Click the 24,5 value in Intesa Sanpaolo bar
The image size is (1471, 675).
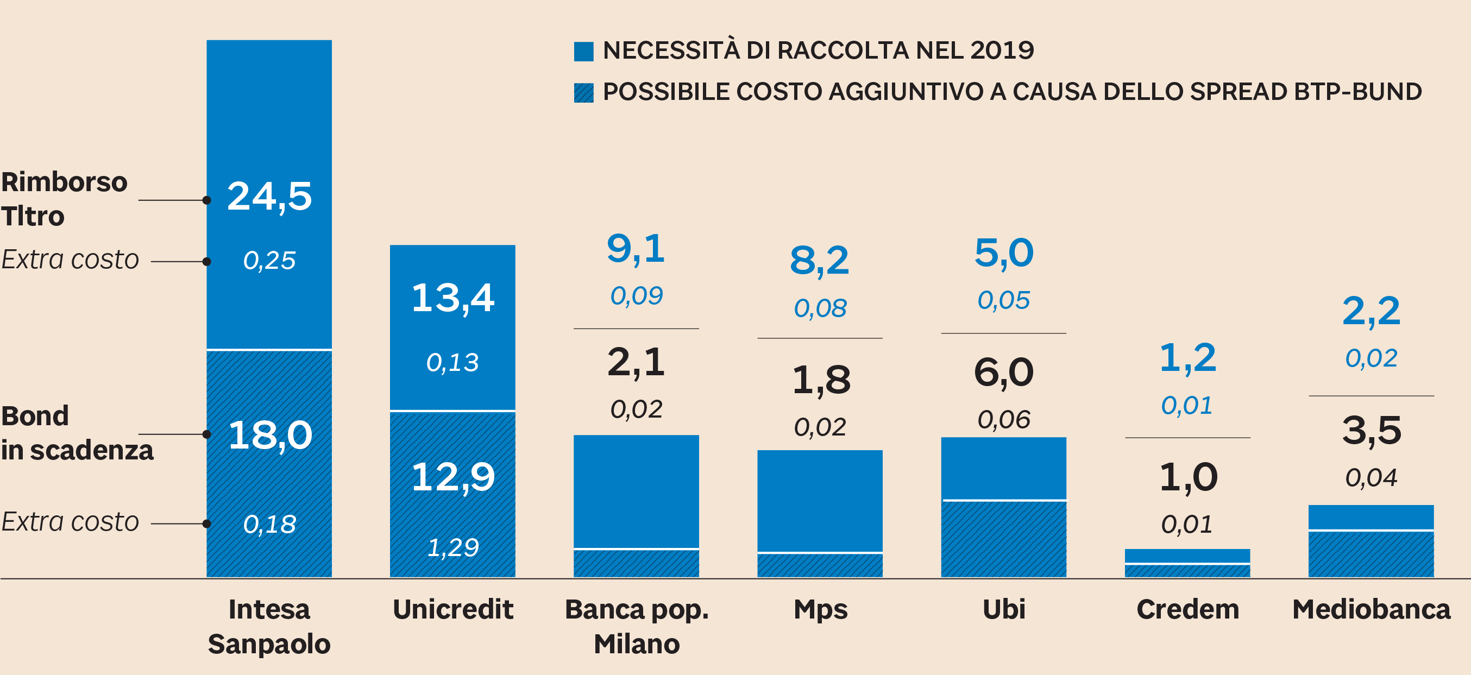tap(269, 197)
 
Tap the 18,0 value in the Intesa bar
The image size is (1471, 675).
tap(270, 435)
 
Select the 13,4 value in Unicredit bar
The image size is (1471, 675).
tap(453, 298)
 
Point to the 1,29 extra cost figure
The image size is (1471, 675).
tap(453, 547)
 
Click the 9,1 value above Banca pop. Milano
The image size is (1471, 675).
tap(636, 249)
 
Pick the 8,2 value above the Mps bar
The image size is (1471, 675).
tap(820, 261)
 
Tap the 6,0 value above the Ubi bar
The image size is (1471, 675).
tap(1003, 373)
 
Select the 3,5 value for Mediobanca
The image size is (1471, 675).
tap(1371, 430)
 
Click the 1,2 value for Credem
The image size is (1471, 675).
tap(1187, 358)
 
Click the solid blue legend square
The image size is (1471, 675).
tap(583, 52)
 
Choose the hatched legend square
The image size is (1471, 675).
tap(583, 92)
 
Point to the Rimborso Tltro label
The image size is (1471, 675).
tap(64, 199)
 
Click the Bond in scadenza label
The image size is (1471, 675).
tap(77, 433)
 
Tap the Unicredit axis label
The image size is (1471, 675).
tap(453, 609)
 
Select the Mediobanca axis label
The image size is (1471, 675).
tap(1371, 609)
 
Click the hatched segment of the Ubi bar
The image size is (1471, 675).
tap(1003, 539)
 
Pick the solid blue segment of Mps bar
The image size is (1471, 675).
tap(820, 501)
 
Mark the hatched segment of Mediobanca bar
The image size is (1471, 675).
tap(1371, 554)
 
